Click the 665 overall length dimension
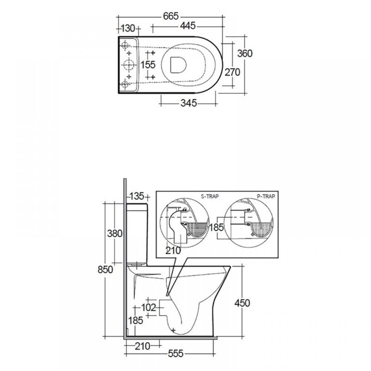point(171,16)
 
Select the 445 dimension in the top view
point(188,26)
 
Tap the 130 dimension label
point(128,29)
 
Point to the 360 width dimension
point(245,53)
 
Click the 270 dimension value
point(232,72)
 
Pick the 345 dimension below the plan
point(188,103)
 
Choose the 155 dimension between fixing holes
point(148,65)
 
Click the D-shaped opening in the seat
point(178,65)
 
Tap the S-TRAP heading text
point(210,196)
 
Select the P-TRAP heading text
point(266,196)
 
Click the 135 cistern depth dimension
point(137,196)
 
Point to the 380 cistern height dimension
point(115,233)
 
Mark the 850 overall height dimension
point(105,269)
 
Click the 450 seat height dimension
point(242,303)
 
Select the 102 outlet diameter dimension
point(149,308)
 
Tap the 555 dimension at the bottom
point(176,354)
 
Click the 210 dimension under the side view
point(142,347)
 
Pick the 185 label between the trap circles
point(217,227)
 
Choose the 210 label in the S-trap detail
point(173,250)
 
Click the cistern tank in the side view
point(138,234)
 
